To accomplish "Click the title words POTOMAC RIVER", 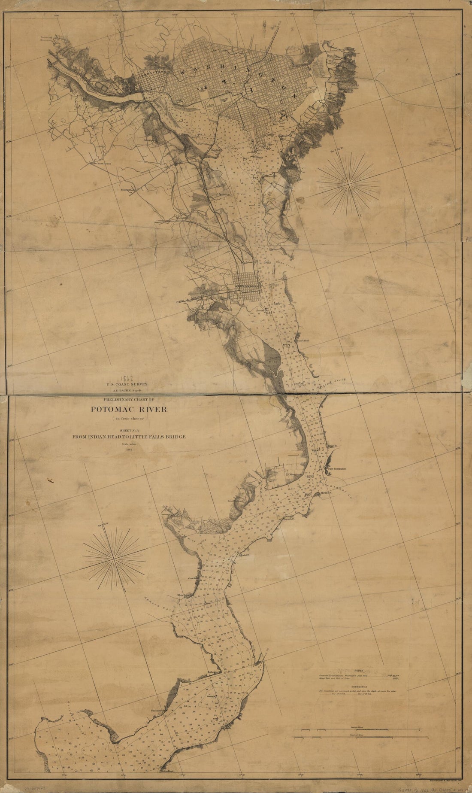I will point(129,409).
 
